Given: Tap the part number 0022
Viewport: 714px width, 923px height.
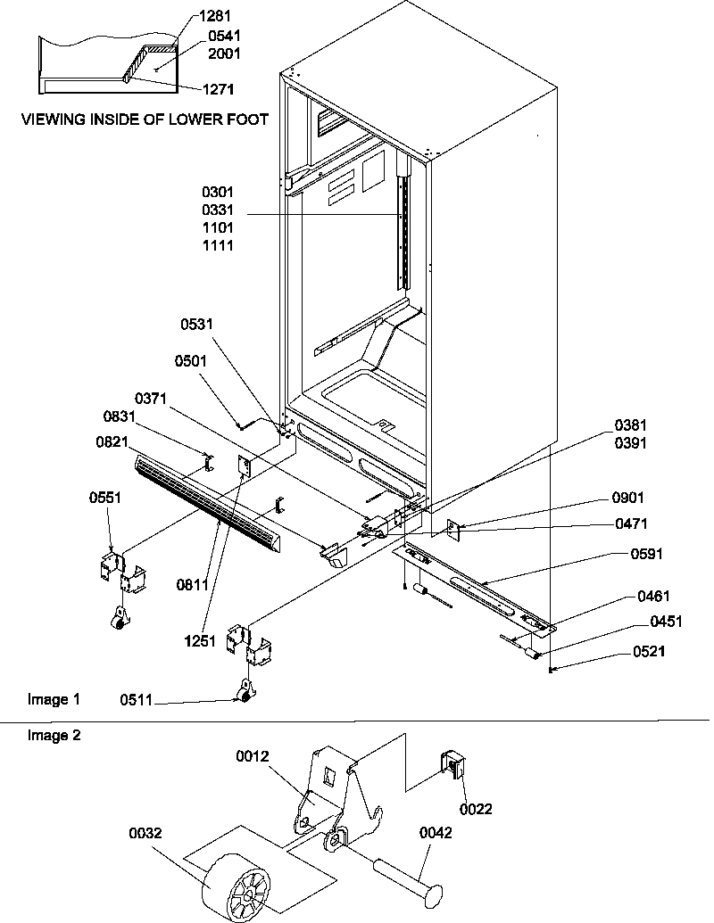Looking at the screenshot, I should tap(476, 809).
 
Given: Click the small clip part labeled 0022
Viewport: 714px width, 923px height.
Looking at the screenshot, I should tap(454, 766).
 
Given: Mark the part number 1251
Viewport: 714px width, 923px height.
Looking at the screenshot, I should tap(202, 640).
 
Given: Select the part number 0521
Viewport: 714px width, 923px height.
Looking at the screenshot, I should tap(649, 652).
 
